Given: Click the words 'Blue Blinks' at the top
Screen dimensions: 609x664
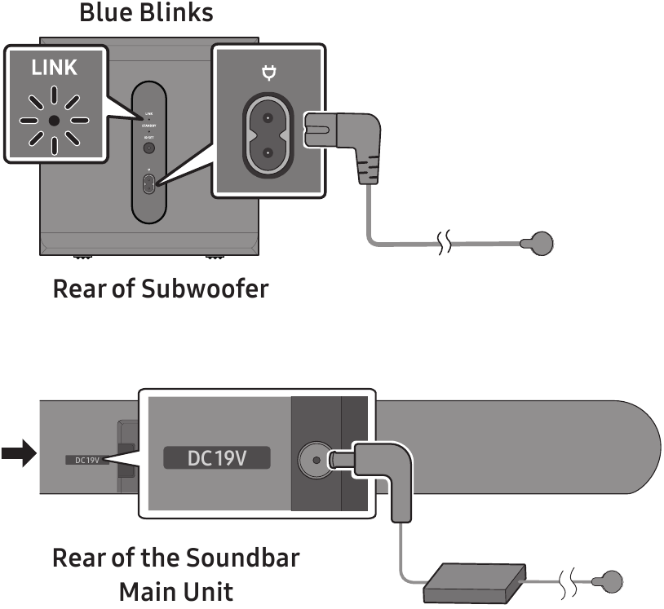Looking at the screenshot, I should pyautogui.click(x=146, y=12).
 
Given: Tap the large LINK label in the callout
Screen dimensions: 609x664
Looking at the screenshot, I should pyautogui.click(x=55, y=68).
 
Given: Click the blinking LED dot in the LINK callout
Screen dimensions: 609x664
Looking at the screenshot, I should pyautogui.click(x=54, y=120).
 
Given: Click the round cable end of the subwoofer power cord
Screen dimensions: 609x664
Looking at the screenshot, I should pyautogui.click(x=541, y=243).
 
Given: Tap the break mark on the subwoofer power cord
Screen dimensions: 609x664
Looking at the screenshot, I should pyautogui.click(x=445, y=243).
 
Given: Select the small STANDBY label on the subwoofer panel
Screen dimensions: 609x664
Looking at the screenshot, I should pyautogui.click(x=148, y=127).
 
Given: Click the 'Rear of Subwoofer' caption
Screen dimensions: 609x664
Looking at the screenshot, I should pyautogui.click(x=161, y=289).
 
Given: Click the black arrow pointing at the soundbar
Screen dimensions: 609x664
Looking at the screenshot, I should pyautogui.click(x=19, y=453).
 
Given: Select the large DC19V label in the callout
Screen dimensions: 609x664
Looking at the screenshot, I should pyautogui.click(x=218, y=458).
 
